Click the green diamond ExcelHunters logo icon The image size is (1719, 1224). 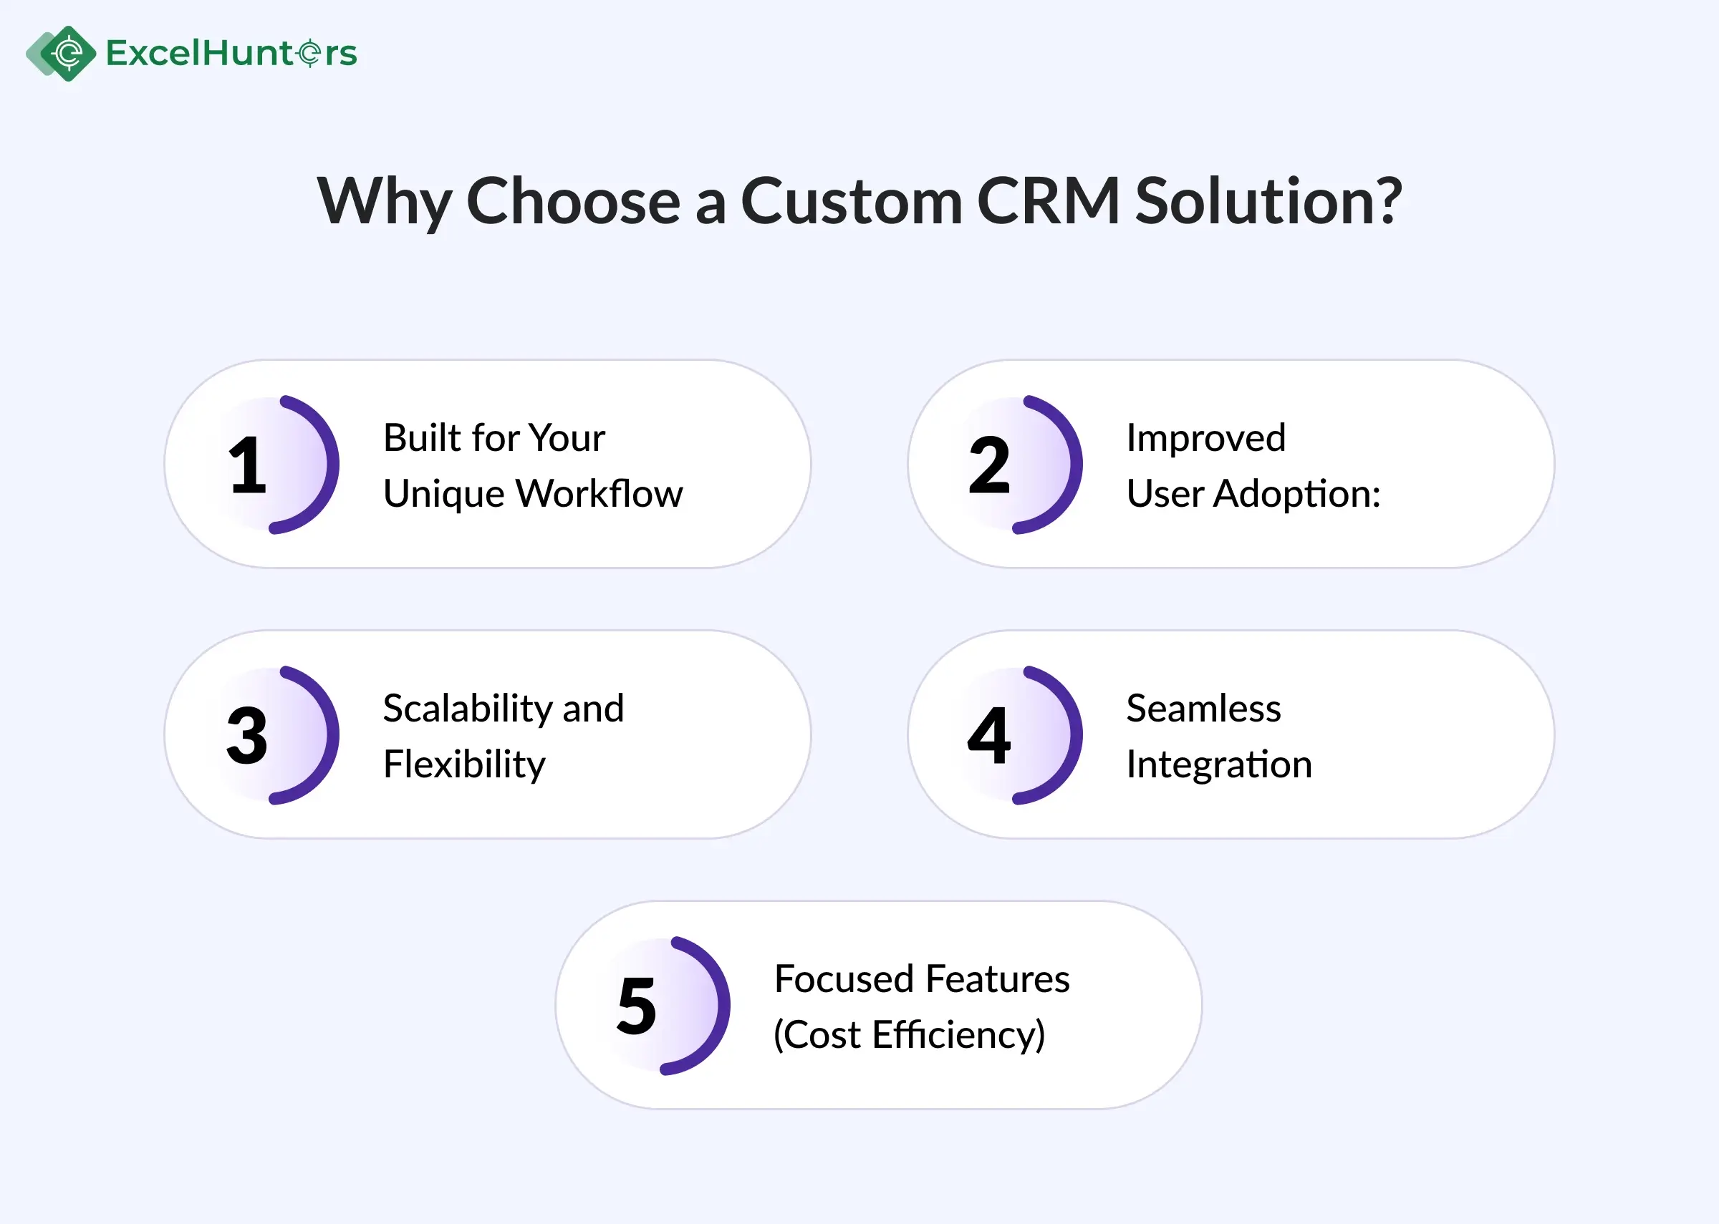click(x=67, y=53)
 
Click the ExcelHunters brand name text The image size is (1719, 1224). click(x=231, y=54)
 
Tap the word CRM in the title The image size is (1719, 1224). click(x=1047, y=201)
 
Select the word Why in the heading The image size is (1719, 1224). click(x=384, y=201)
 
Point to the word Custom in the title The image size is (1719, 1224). click(x=851, y=201)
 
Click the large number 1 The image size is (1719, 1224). click(x=247, y=466)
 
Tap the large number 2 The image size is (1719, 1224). click(x=989, y=466)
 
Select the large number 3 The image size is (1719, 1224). click(x=246, y=736)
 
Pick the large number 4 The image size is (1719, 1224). click(x=989, y=736)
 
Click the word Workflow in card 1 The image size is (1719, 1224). click(x=600, y=494)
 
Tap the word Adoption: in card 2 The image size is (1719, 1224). click(x=1297, y=494)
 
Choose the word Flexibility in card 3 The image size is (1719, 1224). click(x=463, y=764)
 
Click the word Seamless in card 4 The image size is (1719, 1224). click(x=1203, y=709)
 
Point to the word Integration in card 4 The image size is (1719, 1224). click(x=1219, y=764)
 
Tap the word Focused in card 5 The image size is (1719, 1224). click(x=844, y=979)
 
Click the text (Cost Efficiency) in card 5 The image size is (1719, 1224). click(x=909, y=1035)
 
